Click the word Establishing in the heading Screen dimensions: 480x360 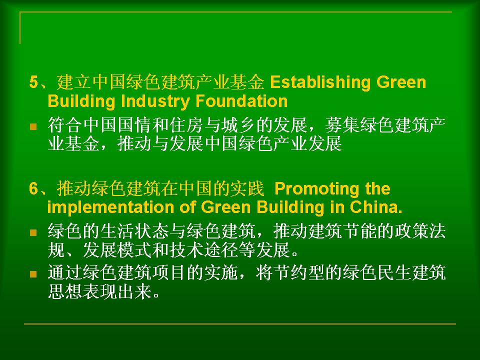[x=320, y=82]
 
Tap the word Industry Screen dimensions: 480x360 [x=155, y=101]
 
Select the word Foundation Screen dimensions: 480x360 [x=241, y=101]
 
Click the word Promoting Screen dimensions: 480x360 [x=316, y=189]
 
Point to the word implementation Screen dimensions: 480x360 [x=110, y=207]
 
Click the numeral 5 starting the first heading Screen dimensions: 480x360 [x=33, y=82]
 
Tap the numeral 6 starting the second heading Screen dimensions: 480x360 [x=33, y=188]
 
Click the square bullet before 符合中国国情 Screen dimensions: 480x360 [x=33, y=126]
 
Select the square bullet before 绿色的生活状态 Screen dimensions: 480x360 [x=33, y=232]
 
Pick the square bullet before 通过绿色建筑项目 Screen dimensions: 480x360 [x=33, y=274]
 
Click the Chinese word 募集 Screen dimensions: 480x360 [x=342, y=125]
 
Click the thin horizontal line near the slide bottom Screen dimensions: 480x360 [x=240, y=323]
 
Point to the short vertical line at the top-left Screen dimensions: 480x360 [x=20, y=28]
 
